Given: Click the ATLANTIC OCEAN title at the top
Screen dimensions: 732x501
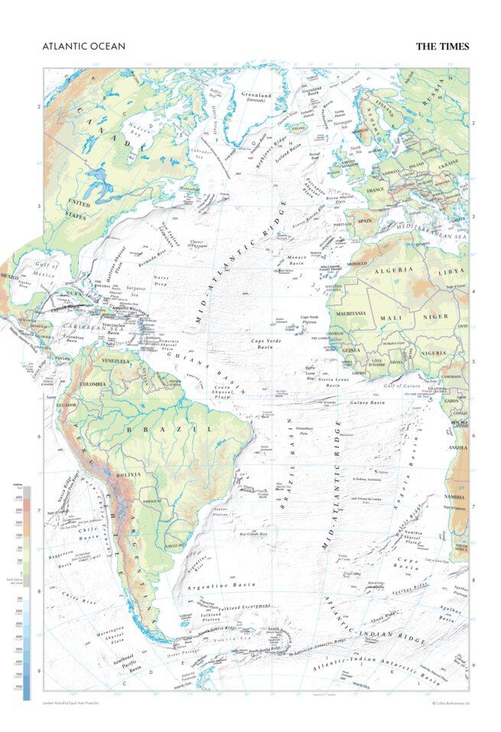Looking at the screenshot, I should pyautogui.click(x=84, y=47).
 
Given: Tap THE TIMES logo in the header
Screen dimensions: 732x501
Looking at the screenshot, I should pyautogui.click(x=442, y=47).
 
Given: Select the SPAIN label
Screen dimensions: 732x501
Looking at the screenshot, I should pyautogui.click(x=364, y=220).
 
